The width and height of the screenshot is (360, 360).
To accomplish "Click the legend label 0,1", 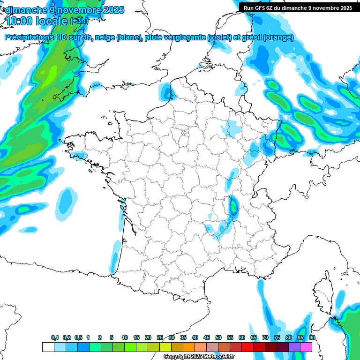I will click(x=55, y=338).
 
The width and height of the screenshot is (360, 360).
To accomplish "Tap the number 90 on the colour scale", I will click(x=312, y=338).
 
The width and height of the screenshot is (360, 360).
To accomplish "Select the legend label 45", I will click(x=207, y=338).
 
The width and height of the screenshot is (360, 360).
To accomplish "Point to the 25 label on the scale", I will click(x=160, y=338).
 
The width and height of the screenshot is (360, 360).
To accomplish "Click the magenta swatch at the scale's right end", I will click(x=306, y=347).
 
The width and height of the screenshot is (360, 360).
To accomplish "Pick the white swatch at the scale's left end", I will click(x=48, y=347).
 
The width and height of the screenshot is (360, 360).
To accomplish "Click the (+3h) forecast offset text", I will click(x=79, y=21).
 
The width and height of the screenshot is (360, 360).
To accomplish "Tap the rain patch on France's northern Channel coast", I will click(x=166, y=91).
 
